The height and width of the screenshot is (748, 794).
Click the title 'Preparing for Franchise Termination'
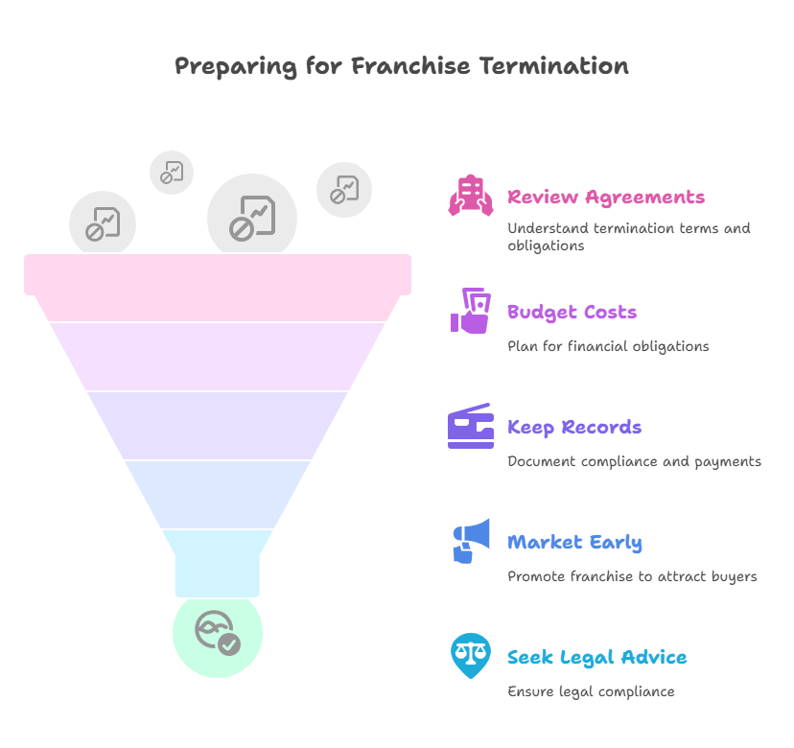pos(401,66)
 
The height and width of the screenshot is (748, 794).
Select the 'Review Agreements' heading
pos(606,198)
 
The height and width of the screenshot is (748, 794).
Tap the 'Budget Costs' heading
pos(572,313)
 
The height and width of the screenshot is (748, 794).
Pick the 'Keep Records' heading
pos(574,428)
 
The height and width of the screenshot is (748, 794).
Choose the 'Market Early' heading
pos(574,543)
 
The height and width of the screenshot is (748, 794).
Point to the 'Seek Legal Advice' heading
pos(596,658)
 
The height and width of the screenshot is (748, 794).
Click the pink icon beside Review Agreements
pos(470,197)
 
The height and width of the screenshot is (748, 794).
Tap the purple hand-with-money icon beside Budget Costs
pos(470,311)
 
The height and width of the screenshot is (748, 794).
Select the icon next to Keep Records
pos(470,426)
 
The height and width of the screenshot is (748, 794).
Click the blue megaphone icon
pos(470,541)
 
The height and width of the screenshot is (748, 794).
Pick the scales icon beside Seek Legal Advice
pos(470,656)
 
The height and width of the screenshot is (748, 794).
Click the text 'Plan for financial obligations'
pos(608,346)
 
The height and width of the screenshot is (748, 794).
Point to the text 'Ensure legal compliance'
pos(591,691)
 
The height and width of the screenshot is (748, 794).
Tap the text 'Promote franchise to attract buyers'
pos(632,576)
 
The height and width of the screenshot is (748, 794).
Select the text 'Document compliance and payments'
pos(634,461)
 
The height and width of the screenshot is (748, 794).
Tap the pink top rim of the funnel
pos(218,274)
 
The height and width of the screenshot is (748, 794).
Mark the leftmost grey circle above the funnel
pos(103,224)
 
